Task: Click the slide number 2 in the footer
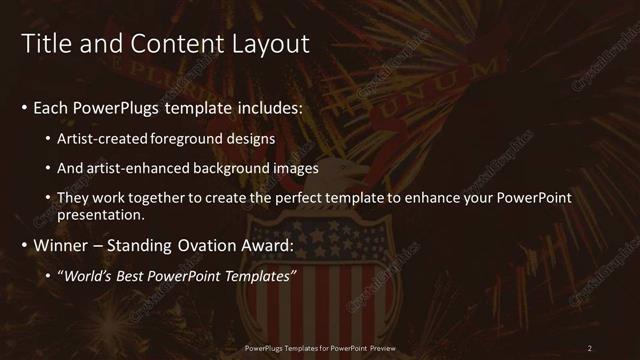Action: (590, 348)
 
